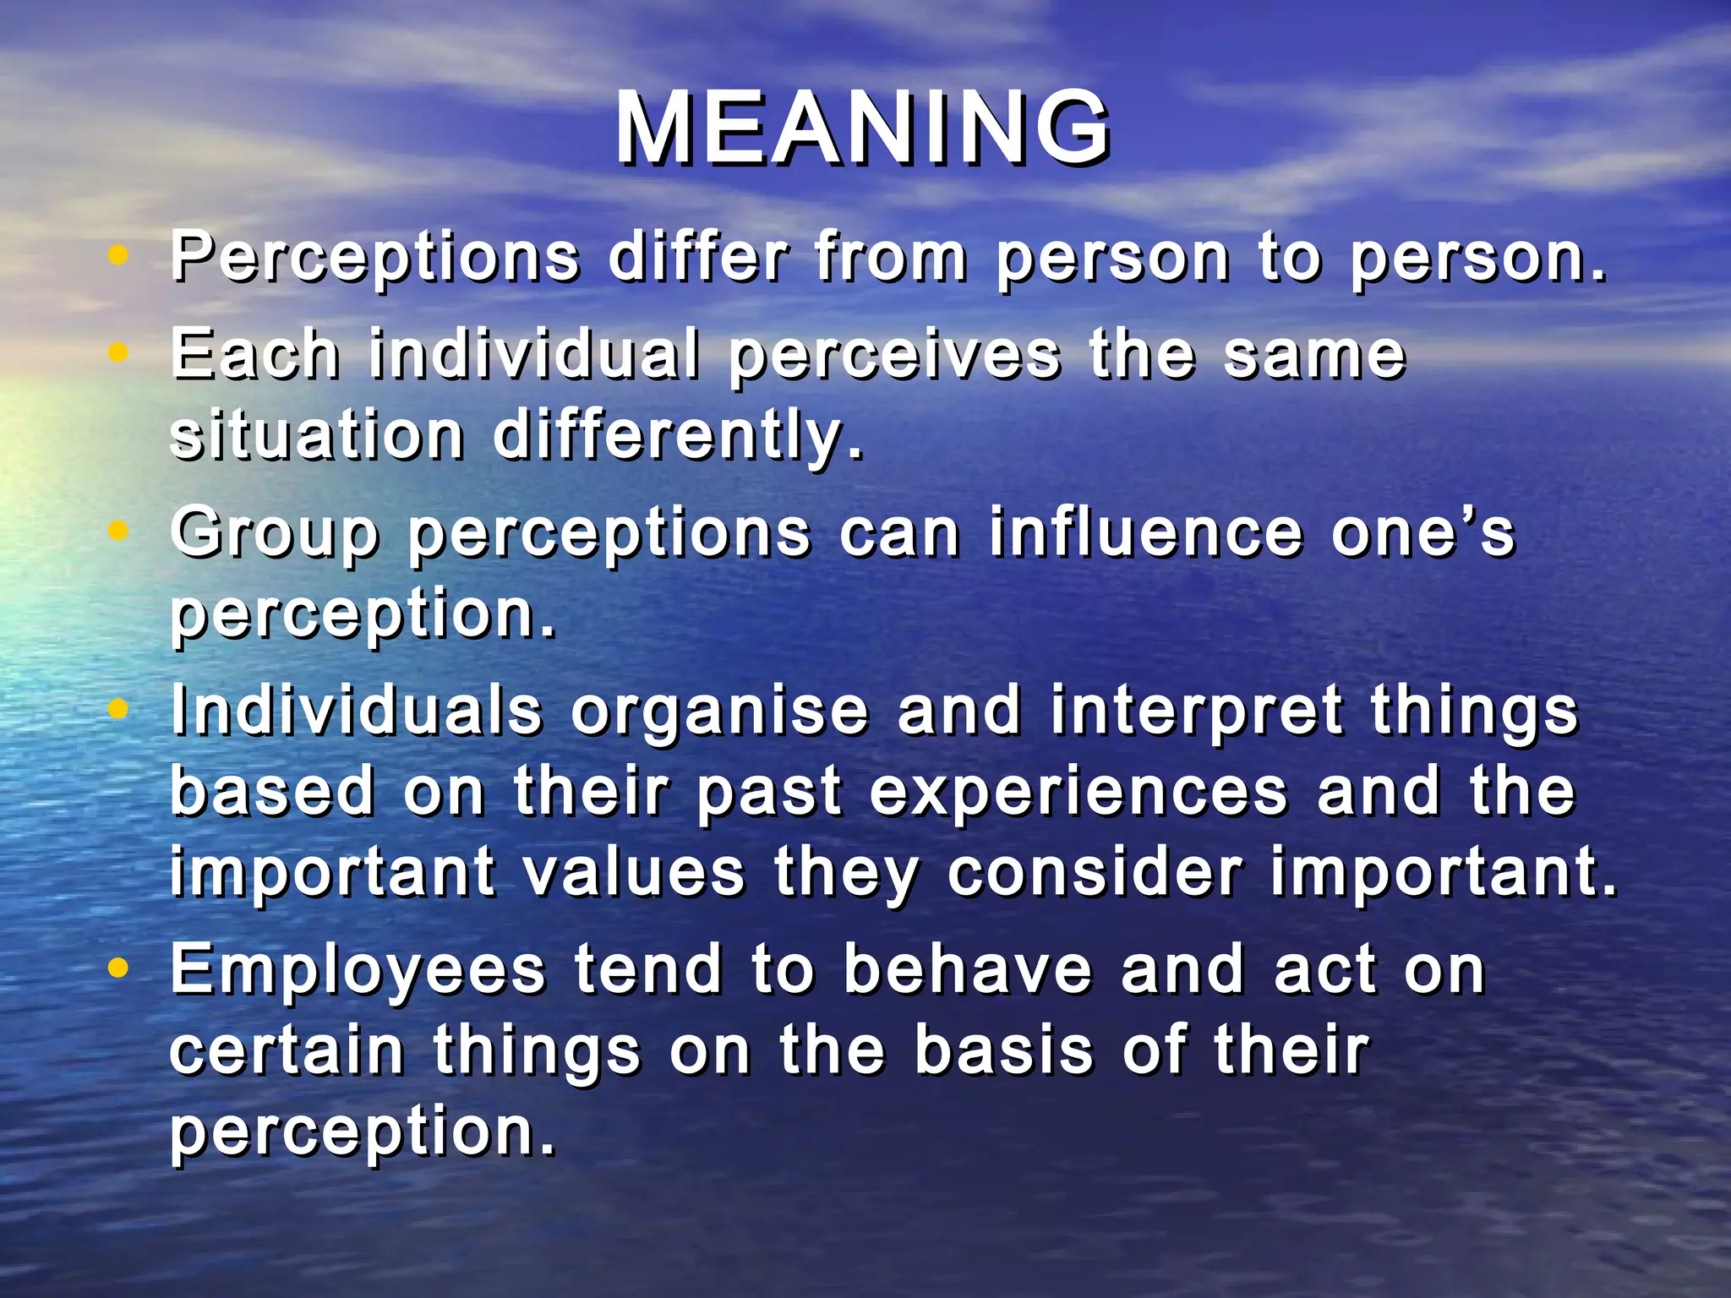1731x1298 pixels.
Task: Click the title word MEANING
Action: click(x=862, y=128)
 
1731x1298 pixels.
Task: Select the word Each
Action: click(x=254, y=353)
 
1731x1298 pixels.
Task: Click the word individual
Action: click(x=534, y=353)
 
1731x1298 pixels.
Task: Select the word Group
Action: click(x=275, y=534)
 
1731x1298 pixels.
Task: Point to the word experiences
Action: click(x=1078, y=793)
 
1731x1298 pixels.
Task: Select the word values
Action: click(x=634, y=872)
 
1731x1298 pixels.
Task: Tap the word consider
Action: click(x=1095, y=872)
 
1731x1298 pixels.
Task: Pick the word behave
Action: click(x=968, y=969)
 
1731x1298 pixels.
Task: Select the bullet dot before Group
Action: click(x=119, y=530)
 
